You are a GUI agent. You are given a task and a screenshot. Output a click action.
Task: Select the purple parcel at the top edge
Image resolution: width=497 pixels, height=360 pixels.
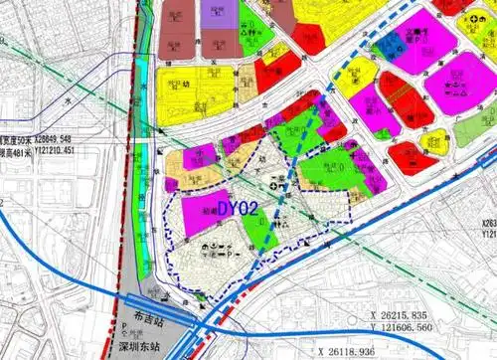[x=219, y=12]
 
